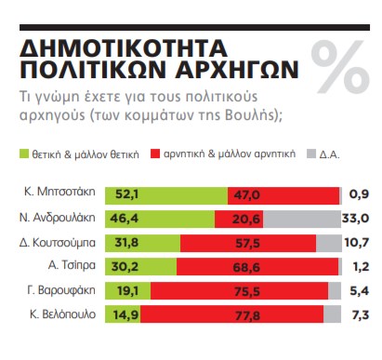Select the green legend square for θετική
[24, 151]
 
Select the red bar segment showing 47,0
[283, 194]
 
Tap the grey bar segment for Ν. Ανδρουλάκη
[302, 219]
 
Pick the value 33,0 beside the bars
[357, 219]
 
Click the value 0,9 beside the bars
[360, 194]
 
